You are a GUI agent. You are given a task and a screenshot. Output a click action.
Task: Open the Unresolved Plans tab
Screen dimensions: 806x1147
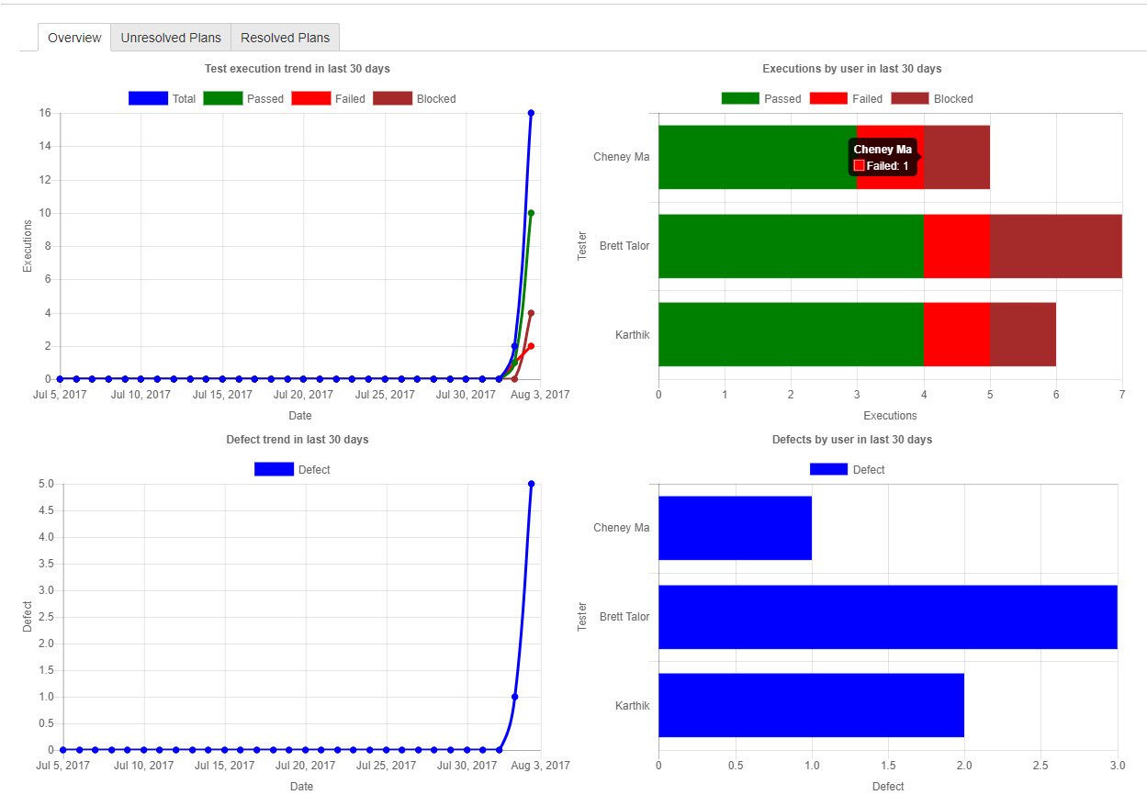(171, 38)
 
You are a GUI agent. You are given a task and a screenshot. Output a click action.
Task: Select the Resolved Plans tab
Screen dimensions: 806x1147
(285, 38)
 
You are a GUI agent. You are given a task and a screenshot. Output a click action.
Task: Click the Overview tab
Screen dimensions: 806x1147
(74, 38)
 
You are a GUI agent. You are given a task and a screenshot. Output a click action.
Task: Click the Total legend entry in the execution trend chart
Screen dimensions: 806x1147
(163, 98)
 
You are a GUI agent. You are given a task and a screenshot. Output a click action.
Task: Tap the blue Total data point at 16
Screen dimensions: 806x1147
(531, 113)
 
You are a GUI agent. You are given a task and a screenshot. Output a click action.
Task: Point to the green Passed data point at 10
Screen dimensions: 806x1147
(531, 213)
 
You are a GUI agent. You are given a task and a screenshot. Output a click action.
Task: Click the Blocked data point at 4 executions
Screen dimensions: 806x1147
(531, 313)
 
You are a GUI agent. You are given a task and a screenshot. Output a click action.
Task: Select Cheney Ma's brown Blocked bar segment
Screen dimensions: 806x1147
(956, 157)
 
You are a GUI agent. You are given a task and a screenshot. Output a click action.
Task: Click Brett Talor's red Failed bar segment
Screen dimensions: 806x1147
(956, 246)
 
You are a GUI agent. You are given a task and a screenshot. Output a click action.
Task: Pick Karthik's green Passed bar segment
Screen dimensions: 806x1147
(790, 334)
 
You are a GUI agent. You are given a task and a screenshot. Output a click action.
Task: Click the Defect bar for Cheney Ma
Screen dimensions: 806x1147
(735, 528)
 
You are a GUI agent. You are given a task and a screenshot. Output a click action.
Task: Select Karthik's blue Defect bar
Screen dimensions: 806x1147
(811, 705)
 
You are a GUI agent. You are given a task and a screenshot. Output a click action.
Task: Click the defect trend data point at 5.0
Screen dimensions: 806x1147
(531, 484)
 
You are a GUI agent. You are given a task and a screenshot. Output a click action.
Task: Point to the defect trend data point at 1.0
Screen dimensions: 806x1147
(515, 697)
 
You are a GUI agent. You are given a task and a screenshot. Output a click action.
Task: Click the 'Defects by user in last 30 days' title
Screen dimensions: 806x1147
(851, 440)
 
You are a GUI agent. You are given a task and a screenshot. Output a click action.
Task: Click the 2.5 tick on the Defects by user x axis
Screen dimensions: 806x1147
(1040, 764)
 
